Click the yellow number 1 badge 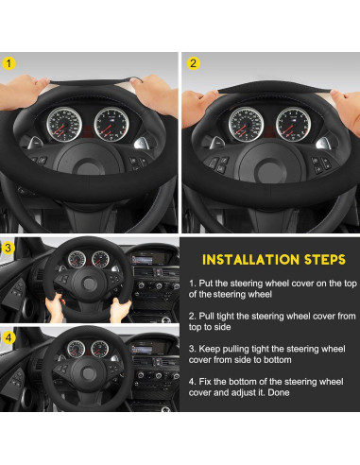point(9,63)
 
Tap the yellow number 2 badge point(193,63)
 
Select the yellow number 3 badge point(9,248)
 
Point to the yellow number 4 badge point(9,337)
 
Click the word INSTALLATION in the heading point(250,260)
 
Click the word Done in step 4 point(279,392)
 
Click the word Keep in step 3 point(210,349)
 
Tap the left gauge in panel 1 point(64,125)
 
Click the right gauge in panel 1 point(111,124)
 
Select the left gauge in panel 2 point(247,125)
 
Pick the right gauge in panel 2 point(293,125)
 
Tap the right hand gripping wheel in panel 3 point(120,310)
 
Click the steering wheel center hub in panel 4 point(88,373)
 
